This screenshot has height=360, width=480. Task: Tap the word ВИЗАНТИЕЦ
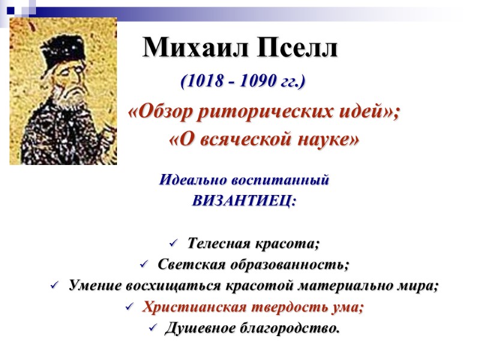(x=244, y=201)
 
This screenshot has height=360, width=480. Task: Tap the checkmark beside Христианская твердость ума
(x=129, y=307)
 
